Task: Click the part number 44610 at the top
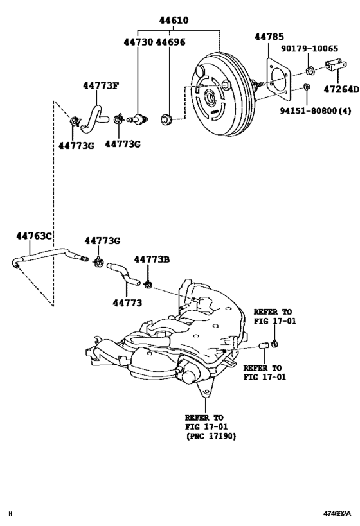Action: [174, 21]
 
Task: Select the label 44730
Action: [138, 42]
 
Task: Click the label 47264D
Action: [341, 89]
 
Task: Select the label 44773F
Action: [100, 85]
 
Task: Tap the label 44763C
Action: [33, 237]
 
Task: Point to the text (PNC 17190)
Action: [209, 437]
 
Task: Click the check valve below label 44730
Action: [138, 119]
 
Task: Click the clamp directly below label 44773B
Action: [149, 283]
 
